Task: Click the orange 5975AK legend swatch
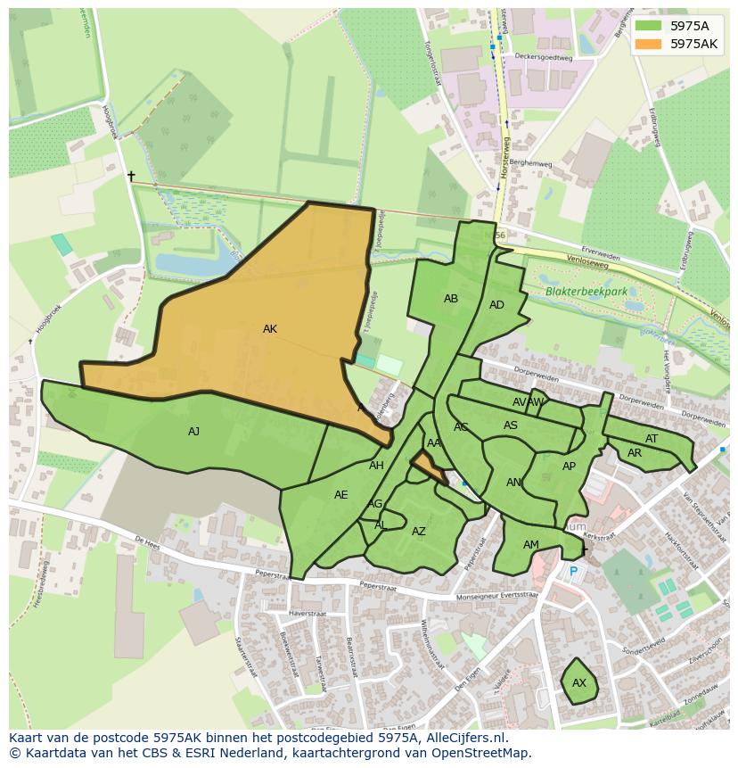coord(648,44)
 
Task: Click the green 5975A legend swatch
coord(648,26)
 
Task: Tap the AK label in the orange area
coord(270,329)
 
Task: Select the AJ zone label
coord(193,432)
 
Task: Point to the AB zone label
coord(451,299)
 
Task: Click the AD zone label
coord(496,305)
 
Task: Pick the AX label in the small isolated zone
coord(579,683)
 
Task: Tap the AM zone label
coord(531,545)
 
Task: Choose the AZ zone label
coord(419,532)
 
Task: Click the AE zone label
coord(340,495)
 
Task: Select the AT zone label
coord(652,439)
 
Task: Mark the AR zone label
coord(635,453)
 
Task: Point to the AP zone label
coord(569,467)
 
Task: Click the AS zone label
coord(511,425)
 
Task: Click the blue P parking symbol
coord(573,572)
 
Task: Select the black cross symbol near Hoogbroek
coord(131,177)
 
